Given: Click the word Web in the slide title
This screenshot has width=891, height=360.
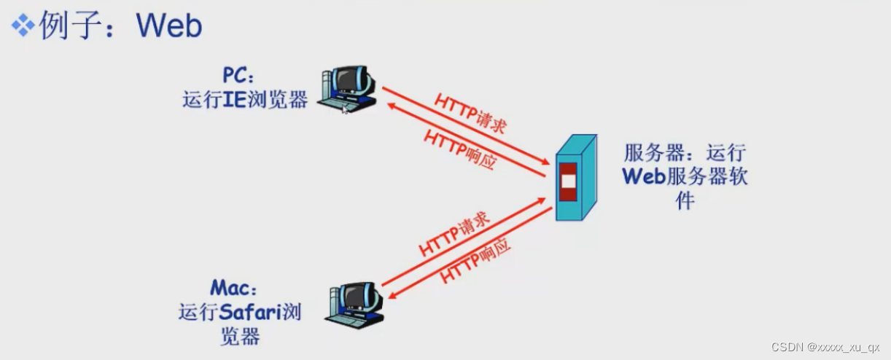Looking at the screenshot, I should (169, 26).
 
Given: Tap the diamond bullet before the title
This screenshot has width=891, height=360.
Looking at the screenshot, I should (23, 26).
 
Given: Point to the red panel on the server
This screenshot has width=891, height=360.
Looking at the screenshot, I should (567, 181).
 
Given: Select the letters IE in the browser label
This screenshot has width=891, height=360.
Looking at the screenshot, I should (233, 100).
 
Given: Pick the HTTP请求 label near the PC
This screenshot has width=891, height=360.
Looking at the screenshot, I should (470, 112).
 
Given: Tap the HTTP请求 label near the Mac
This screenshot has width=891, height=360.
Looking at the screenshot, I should (454, 235).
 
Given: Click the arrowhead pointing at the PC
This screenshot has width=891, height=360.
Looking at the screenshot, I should (391, 106).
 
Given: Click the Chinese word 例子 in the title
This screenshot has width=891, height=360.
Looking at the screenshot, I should (66, 26).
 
